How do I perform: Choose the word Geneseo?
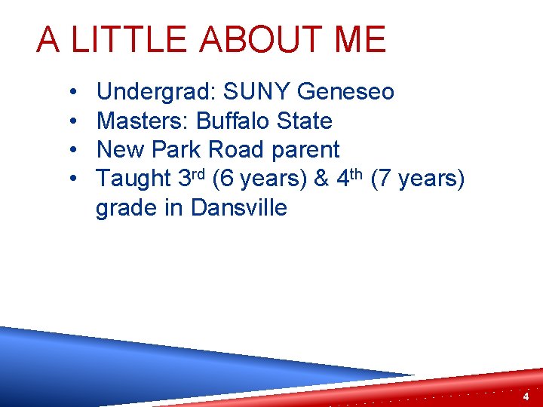[x=346, y=92]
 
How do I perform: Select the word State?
[x=305, y=121]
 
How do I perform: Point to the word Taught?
[x=134, y=179]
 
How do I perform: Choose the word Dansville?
[x=239, y=207]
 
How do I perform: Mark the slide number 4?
[x=525, y=396]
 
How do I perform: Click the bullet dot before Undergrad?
[x=70, y=93]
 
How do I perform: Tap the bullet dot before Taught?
[x=70, y=179]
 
